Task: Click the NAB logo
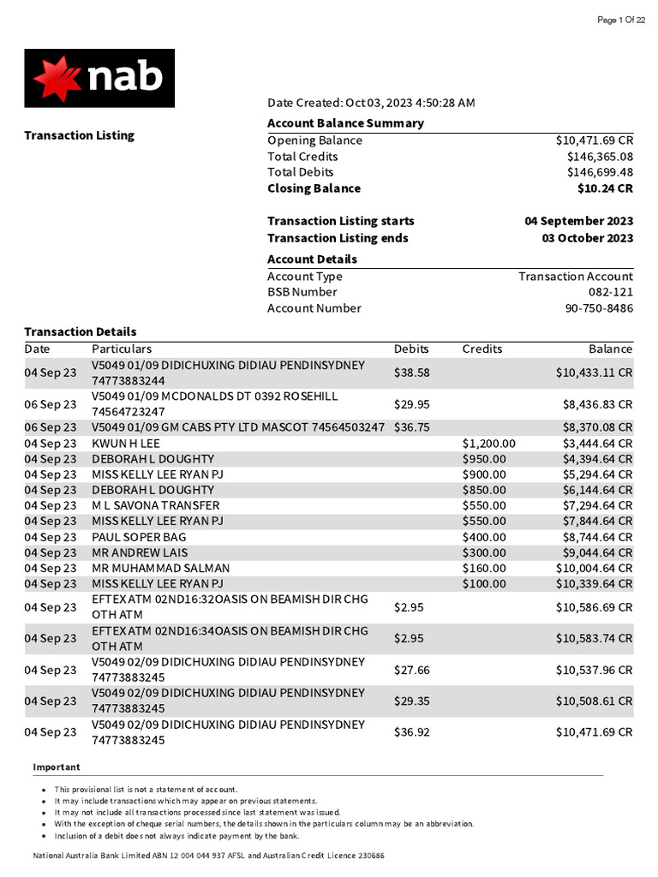tap(99, 78)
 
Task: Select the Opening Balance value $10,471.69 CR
tap(594, 140)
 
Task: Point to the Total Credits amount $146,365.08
tap(600, 157)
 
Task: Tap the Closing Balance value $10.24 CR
tap(605, 188)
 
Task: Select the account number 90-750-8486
tap(599, 308)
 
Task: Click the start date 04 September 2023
tap(579, 221)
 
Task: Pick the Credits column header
tap(482, 349)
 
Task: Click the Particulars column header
tap(122, 349)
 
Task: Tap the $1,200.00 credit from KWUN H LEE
tap(488, 443)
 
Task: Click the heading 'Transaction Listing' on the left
tap(79, 135)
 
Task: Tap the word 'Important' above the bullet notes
tap(57, 767)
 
